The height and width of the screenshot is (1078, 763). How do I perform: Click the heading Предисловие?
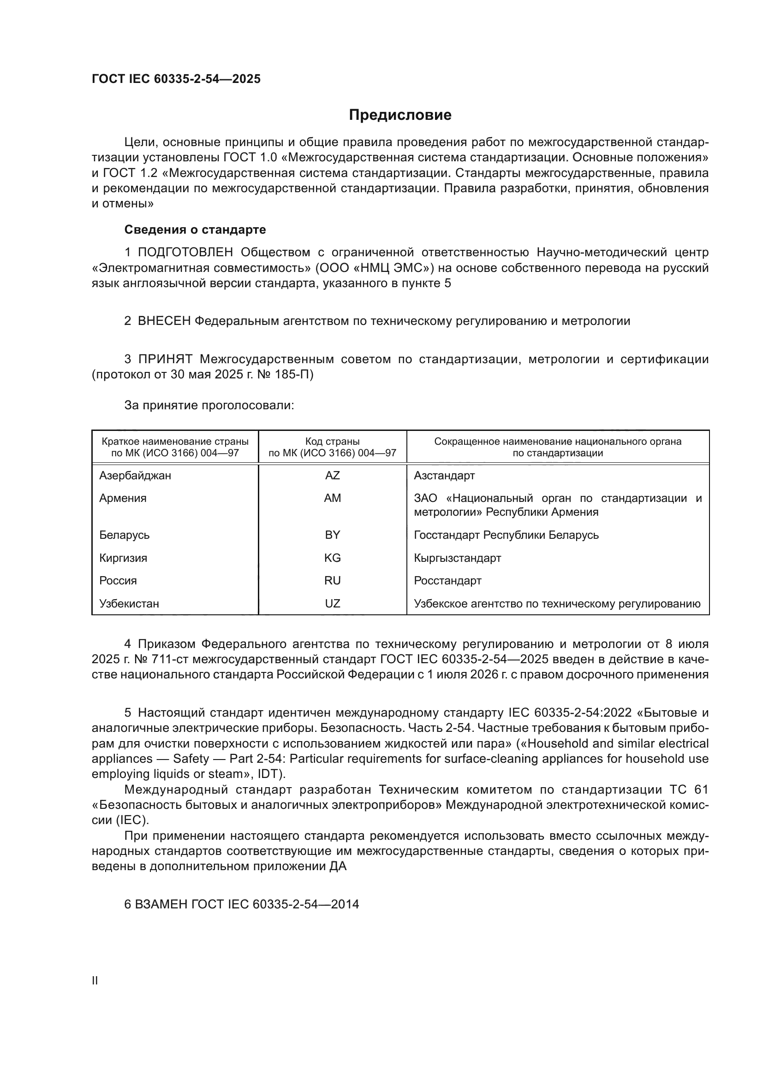pos(400,115)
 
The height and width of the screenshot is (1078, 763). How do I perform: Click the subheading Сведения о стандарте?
pos(195,230)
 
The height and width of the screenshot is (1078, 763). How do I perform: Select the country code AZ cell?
pos(332,476)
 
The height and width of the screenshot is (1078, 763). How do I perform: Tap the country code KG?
pos(332,558)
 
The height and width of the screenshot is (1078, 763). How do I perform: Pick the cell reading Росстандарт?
pos(447,581)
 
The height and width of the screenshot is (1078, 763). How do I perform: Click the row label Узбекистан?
pos(129,604)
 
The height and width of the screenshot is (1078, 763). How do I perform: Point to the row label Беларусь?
pos(124,535)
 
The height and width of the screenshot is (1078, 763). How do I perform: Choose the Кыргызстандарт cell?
pos(457,558)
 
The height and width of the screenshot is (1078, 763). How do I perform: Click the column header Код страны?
pos(332,442)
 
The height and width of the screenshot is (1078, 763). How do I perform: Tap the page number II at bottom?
pos(95,981)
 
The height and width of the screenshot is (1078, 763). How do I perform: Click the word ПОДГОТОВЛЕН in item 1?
pos(185,253)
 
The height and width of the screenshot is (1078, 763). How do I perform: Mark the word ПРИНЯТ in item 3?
pos(166,359)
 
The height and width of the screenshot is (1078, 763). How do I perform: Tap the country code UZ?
pos(332,604)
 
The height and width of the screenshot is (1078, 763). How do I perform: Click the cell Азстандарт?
pos(444,476)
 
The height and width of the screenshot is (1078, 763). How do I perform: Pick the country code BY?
pos(332,535)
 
